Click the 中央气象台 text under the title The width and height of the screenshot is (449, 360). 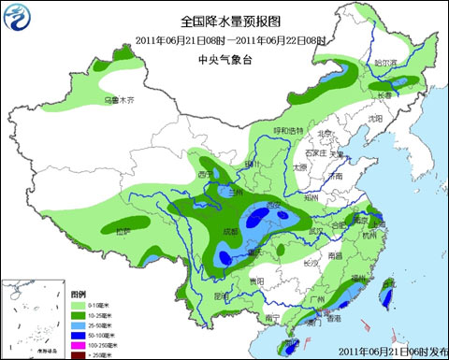pos(223,59)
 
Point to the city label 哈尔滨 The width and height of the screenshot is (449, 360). pos(385,64)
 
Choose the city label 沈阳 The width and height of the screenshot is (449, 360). pos(375,119)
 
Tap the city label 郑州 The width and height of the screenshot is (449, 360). pos(311,198)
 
